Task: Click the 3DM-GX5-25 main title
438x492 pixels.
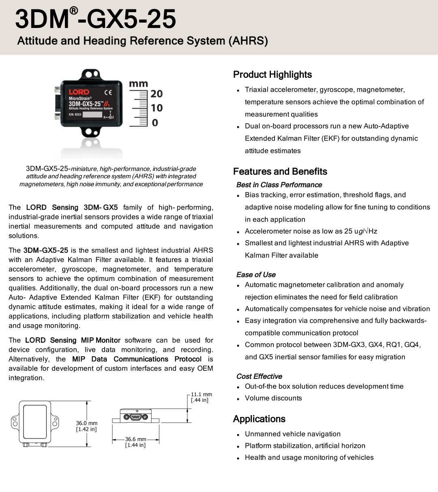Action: tap(96, 19)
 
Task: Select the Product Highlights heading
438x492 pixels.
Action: tap(273, 75)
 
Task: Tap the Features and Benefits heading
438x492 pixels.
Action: tap(280, 171)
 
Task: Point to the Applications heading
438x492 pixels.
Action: tap(259, 419)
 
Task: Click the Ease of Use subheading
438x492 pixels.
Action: tap(256, 275)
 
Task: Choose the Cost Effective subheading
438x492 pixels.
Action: tap(259, 376)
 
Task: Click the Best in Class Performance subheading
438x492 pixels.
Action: tap(279, 185)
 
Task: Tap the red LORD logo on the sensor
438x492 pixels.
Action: tap(79, 92)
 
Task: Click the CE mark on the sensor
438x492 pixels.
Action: tap(108, 92)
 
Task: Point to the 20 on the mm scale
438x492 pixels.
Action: tap(157, 94)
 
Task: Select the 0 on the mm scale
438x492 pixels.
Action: tap(155, 123)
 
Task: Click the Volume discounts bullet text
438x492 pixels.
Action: tap(273, 398)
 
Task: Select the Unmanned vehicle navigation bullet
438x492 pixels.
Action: tap(292, 434)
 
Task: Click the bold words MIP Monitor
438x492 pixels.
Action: tap(101, 340)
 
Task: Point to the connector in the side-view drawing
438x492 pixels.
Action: tap(135, 417)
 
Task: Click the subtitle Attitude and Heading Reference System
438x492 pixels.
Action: tap(142, 41)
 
